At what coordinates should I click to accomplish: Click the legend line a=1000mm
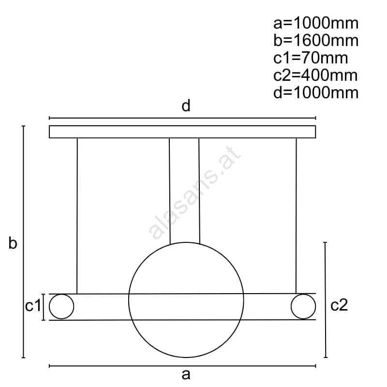tap(316, 23)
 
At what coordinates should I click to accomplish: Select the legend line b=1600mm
tap(316, 41)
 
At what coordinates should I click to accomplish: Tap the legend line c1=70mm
tap(311, 58)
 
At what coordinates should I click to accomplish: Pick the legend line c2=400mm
tap(315, 75)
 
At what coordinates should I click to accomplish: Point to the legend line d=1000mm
tap(316, 92)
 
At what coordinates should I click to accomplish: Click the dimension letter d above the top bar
tap(186, 105)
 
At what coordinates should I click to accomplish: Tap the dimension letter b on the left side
tap(13, 243)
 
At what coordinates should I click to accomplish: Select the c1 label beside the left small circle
tap(33, 306)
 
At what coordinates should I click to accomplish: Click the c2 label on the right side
tap(339, 305)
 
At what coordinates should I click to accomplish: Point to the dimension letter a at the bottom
tap(186, 374)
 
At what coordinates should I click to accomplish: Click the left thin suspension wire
tap(77, 216)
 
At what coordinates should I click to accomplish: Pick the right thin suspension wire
tap(296, 216)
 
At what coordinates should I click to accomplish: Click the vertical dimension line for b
tap(23, 241)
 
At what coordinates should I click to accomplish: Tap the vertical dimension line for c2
tap(326, 300)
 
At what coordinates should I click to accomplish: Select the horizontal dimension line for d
tap(182, 118)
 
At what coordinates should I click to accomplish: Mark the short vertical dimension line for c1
tap(44, 307)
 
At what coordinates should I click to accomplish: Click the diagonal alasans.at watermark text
tap(194, 193)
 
